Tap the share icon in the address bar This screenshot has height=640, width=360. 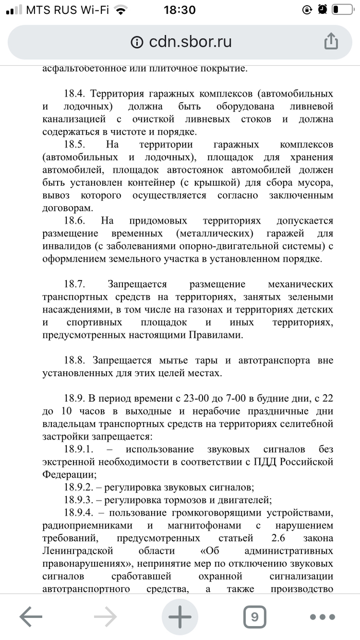click(x=331, y=41)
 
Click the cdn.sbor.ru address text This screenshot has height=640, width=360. click(x=190, y=42)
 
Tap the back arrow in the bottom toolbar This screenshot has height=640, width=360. click(x=31, y=616)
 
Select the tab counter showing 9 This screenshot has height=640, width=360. click(x=254, y=616)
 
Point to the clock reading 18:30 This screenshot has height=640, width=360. click(x=179, y=10)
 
